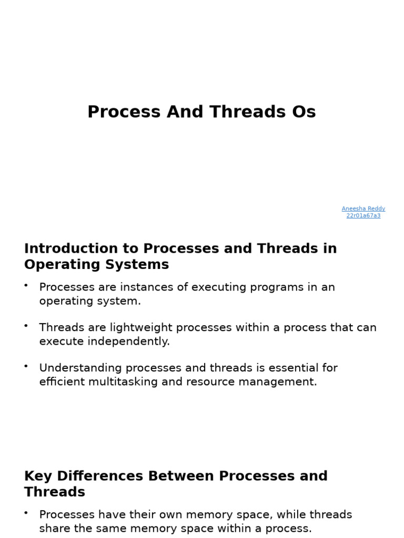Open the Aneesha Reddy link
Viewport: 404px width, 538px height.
tap(363, 209)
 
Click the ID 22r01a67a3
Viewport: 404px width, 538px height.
tap(363, 215)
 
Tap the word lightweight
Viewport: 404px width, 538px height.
tap(141, 328)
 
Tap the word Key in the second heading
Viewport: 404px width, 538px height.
tap(37, 476)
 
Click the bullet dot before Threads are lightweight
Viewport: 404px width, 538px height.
tap(26, 326)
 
